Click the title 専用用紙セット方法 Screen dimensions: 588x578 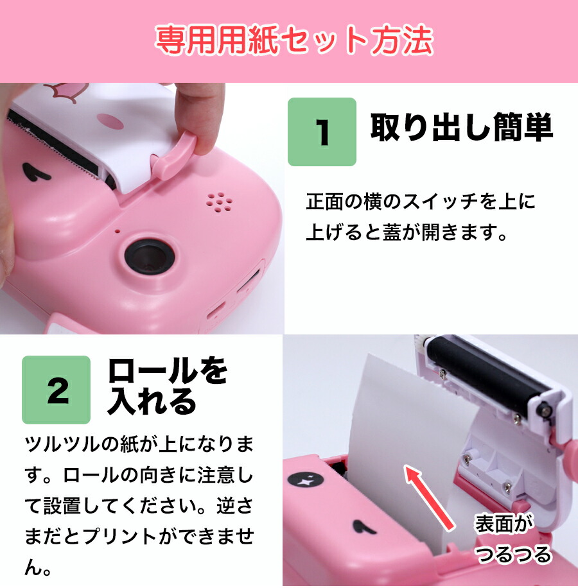coord(293,41)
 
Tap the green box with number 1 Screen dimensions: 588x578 coord(321,132)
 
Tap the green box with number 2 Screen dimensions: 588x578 coord(57,390)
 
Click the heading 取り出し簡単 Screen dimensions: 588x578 coord(461,128)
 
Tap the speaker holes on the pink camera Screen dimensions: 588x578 coord(220,202)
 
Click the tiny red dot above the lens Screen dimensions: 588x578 coord(118,229)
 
